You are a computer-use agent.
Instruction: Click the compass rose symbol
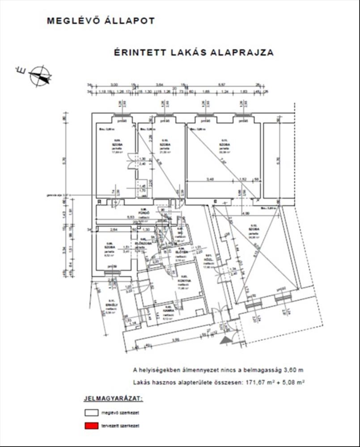[x=39, y=75]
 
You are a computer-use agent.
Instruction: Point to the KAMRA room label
[x=169, y=308]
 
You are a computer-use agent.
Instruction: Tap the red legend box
[x=91, y=425]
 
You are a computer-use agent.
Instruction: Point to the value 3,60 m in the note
[x=292, y=370]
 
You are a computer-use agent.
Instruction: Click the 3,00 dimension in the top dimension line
[x=114, y=84]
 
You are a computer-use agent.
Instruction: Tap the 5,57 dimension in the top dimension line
[x=221, y=84]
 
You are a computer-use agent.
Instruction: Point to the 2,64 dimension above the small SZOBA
[x=113, y=229]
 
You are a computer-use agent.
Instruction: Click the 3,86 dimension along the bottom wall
[x=176, y=340]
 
